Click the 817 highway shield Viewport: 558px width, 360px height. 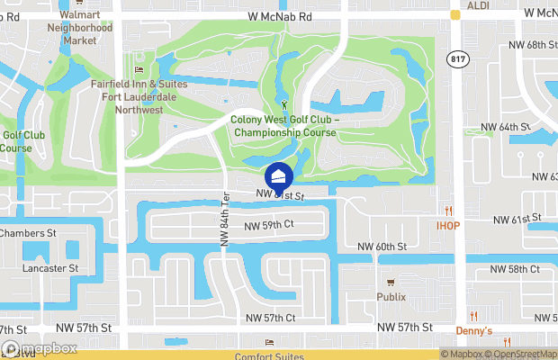coord(456,58)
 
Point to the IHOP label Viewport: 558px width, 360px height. coord(449,225)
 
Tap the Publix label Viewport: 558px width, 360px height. coord(391,297)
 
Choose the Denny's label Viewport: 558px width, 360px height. coord(473,331)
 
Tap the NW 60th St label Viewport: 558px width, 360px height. coord(382,247)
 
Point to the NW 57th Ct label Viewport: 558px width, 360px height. coord(272,318)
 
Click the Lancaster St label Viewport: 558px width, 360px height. coord(51,268)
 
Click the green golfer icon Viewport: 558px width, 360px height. coord(285,106)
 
